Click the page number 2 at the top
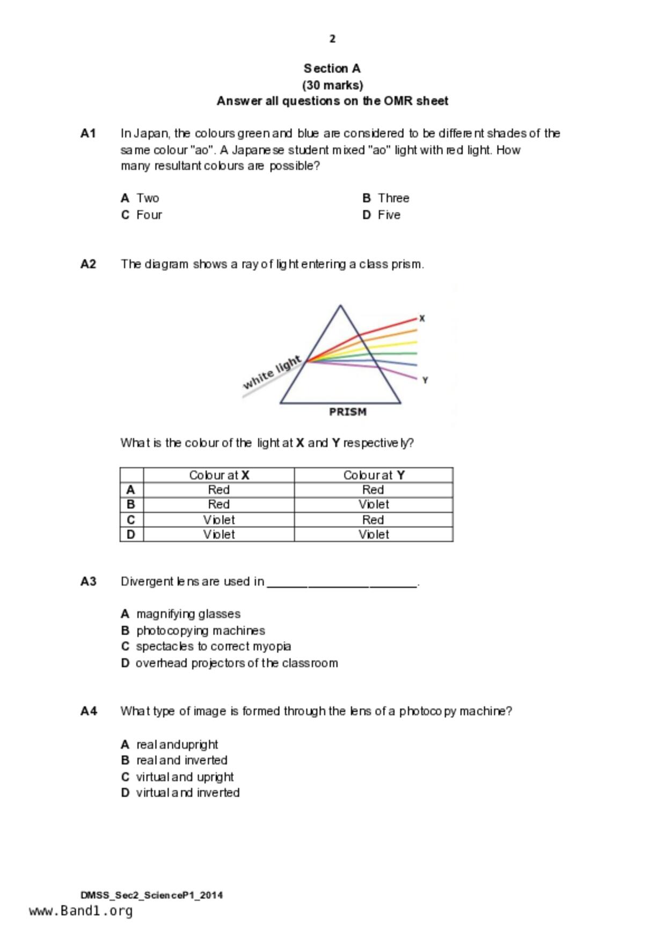click(x=332, y=39)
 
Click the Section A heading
click(x=332, y=69)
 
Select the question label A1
click(x=88, y=133)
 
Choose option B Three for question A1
click(x=386, y=198)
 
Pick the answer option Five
click(x=389, y=215)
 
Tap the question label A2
click(x=88, y=264)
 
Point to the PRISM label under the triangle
click(x=348, y=412)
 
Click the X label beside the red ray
click(x=422, y=318)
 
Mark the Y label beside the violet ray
click(x=425, y=380)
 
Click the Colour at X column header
click(x=219, y=475)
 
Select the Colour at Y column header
click(x=374, y=475)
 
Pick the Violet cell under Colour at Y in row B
click(x=374, y=504)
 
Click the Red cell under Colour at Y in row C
click(x=373, y=520)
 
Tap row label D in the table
click(x=131, y=534)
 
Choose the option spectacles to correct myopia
click(x=213, y=646)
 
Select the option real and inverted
click(x=181, y=760)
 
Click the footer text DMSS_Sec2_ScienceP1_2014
click(x=151, y=895)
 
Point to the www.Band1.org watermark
click(x=81, y=911)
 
